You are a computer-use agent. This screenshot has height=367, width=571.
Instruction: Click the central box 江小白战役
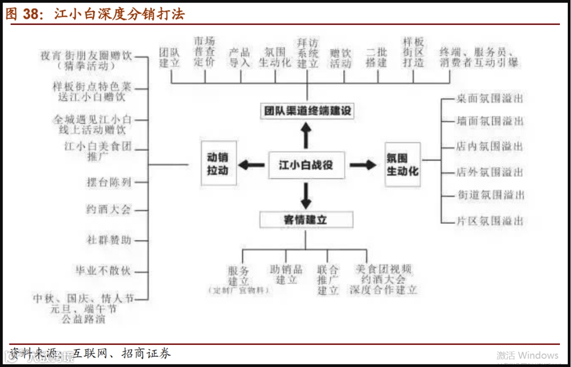[306, 165]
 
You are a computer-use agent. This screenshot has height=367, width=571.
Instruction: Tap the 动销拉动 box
[217, 164]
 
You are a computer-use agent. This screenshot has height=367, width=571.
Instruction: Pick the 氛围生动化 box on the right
[402, 164]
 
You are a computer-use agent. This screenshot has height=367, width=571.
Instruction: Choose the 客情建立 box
[306, 219]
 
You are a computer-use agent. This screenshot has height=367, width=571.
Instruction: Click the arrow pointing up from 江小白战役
[306, 135]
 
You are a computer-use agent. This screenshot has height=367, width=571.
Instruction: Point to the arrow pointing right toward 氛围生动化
[363, 165]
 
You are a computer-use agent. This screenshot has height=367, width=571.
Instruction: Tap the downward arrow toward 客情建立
[306, 195]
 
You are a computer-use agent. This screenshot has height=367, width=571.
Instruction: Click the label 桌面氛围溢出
[489, 99]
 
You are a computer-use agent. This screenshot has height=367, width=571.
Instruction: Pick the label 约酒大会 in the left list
[108, 209]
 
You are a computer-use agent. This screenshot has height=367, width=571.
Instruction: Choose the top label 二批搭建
[376, 58]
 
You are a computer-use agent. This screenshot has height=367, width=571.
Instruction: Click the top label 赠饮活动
[340, 58]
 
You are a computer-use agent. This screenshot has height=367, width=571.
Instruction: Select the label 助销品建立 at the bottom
[286, 274]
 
